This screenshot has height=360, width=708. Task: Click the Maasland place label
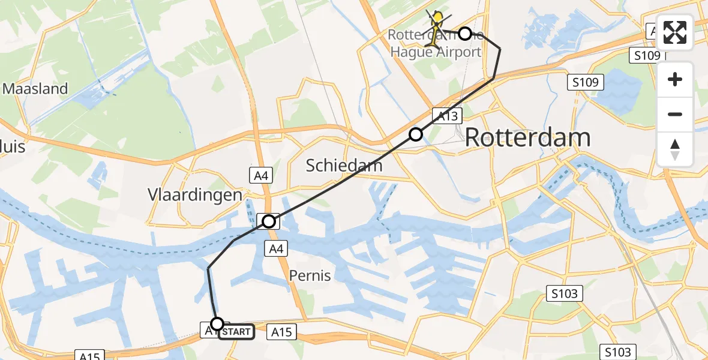35,89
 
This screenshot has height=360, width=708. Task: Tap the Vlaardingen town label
195,195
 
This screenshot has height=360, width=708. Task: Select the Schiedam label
344,165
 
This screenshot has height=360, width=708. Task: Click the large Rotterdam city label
527,138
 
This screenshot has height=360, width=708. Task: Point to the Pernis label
310,275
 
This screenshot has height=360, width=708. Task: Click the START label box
238,332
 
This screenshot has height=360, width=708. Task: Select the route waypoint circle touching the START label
217,324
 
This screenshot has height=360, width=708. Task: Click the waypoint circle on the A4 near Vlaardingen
269,221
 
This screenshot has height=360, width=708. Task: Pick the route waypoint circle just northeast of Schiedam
415,134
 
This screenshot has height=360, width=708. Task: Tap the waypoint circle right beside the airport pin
464,34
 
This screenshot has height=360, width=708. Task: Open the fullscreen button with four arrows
675,33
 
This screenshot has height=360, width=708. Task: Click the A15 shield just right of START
281,332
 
